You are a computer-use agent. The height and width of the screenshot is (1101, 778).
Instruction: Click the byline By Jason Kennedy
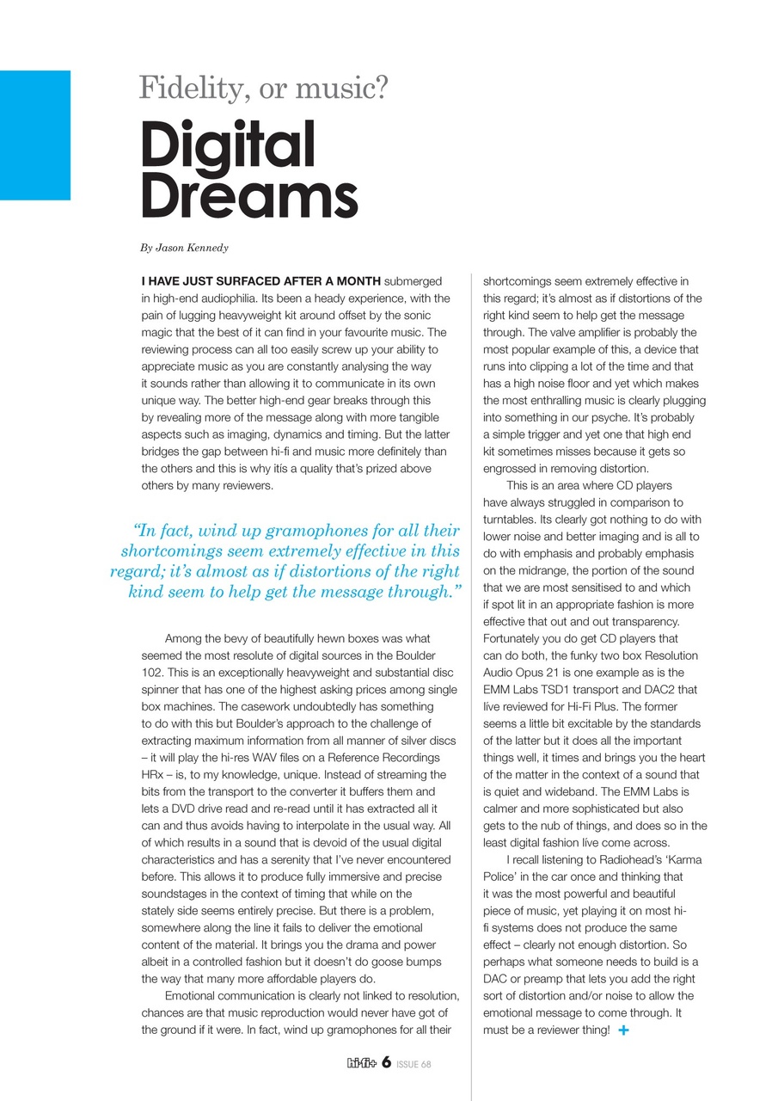(184, 248)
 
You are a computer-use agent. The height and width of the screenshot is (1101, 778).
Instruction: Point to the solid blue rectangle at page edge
(34, 135)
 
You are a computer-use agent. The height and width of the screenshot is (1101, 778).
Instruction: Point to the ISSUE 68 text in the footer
(414, 1064)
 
